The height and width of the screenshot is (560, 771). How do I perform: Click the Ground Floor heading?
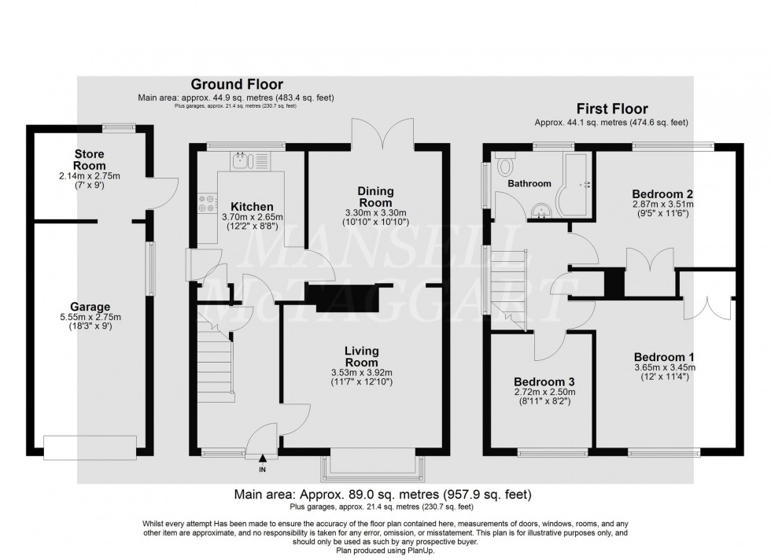point(237,85)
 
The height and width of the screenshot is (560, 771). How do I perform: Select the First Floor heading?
point(612,109)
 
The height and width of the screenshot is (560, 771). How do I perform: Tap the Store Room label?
point(90,160)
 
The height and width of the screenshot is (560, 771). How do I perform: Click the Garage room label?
point(90,308)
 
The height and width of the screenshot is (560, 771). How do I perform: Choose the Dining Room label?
point(375,197)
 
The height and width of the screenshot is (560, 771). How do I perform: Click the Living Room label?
point(361,356)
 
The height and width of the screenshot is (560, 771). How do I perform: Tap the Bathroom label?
point(529,183)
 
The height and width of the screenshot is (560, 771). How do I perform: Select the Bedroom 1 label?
point(664,357)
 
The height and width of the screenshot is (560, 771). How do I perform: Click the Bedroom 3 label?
point(544,381)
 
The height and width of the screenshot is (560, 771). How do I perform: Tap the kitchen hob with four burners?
point(208,203)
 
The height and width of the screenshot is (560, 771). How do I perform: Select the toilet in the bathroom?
point(504,164)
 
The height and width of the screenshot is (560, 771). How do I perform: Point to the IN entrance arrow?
point(263,459)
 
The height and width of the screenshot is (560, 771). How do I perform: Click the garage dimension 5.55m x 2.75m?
point(90,317)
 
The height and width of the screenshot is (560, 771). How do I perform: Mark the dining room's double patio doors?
point(382,133)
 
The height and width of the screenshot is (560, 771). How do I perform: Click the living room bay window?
point(373,467)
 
